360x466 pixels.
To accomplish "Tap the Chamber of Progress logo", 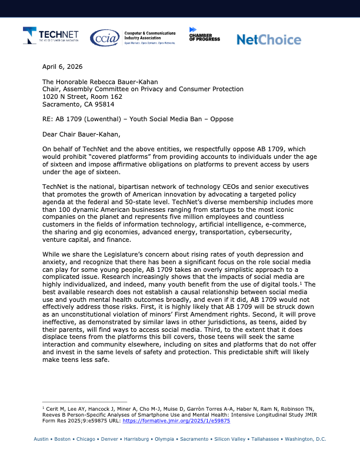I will [204, 35].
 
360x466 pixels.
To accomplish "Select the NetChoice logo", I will [268, 39].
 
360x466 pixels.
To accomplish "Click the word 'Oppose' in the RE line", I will [220, 119].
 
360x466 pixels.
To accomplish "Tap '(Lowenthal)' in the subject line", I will [107, 119].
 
